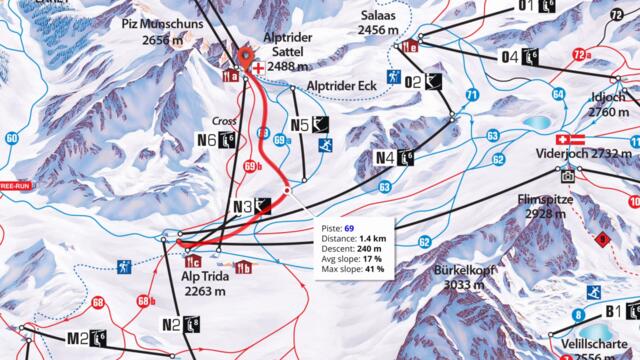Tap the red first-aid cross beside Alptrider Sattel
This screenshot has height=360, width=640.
[259, 68]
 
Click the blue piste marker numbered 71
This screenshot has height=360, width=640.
[471, 95]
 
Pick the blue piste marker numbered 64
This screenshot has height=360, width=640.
[558, 95]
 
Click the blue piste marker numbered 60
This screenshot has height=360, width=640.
[11, 138]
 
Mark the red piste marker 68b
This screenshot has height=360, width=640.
[143, 299]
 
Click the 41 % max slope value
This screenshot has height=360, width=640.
[373, 270]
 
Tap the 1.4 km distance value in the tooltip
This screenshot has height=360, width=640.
[374, 240]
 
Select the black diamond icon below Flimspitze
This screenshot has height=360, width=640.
[602, 239]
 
